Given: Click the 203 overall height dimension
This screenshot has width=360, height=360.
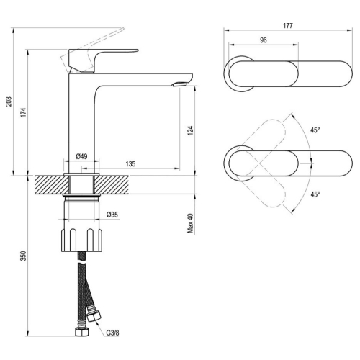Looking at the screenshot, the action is (9, 102).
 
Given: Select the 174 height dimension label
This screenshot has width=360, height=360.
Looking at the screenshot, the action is (23, 112).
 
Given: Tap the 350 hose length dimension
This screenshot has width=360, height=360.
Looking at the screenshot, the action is (23, 256).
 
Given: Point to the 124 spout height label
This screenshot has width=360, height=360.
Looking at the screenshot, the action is (190, 130).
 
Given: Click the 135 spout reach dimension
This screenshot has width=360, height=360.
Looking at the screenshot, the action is (130, 164).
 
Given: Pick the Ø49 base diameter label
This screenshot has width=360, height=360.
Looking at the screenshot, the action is (81, 157).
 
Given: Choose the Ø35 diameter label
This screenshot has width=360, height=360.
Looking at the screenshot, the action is (112, 215).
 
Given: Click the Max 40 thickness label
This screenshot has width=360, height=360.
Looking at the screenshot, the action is (190, 223).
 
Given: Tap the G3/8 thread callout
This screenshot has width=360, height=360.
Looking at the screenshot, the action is (113, 333).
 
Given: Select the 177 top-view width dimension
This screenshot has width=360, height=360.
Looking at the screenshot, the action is (288, 26).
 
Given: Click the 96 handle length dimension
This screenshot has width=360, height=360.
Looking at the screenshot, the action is (264, 40).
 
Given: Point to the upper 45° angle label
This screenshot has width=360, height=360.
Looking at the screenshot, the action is (315, 130).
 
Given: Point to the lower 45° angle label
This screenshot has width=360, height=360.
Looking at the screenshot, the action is (315, 194).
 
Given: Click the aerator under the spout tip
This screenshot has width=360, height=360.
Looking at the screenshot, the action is (180, 84).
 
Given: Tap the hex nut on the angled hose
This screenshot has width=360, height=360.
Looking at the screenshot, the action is (94, 317).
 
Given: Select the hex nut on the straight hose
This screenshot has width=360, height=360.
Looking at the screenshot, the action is (82, 332).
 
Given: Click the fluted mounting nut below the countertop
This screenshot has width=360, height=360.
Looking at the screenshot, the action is (81, 240).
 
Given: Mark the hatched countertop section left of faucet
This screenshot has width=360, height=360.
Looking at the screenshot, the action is (52, 185).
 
